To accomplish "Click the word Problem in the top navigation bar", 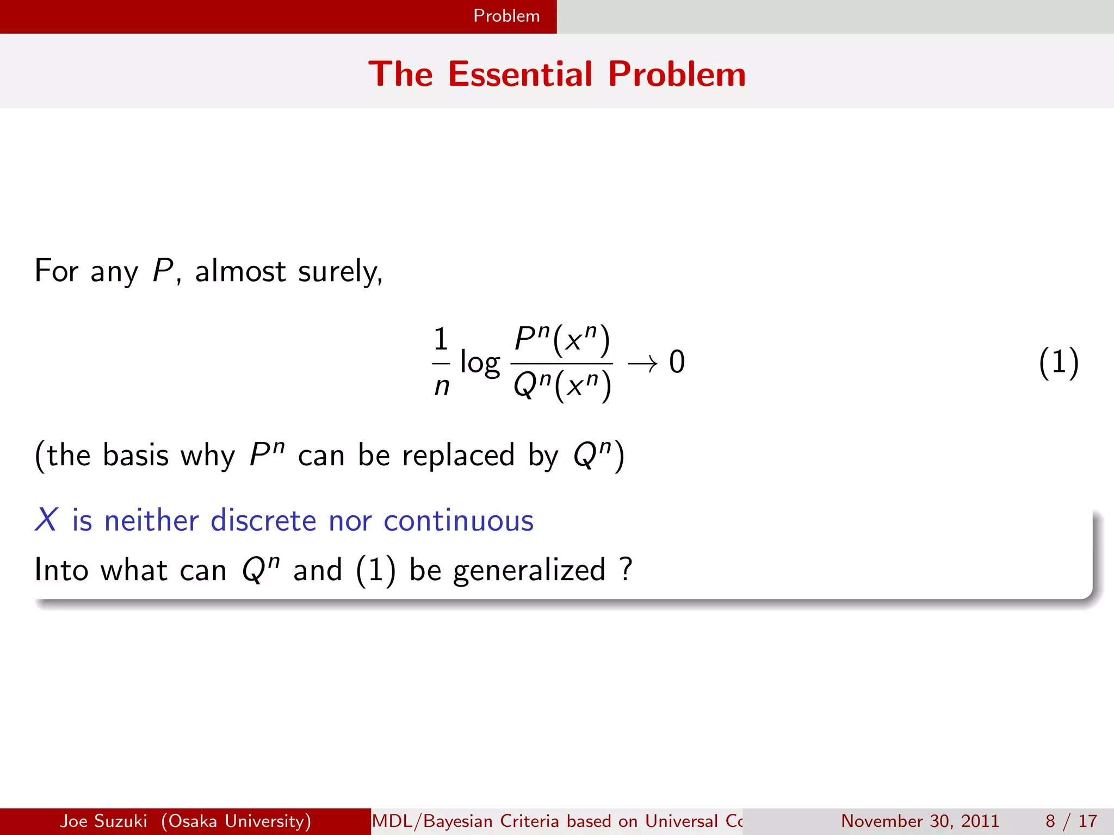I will pos(506,16).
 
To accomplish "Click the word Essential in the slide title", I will pos(520,74).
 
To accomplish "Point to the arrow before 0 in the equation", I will pos(642,363).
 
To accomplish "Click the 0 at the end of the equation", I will pos(677,362).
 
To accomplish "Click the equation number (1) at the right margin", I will pos(1058,363).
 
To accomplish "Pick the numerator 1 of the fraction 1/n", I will pos(441,339).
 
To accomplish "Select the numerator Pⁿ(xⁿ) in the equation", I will pos(562,339).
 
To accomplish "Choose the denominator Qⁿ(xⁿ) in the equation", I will pos(562,385).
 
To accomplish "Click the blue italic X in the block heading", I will pos(46,520).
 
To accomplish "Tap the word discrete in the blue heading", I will pos(263,520).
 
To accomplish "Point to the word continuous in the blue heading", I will pos(459,520).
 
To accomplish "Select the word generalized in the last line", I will pos(529,570).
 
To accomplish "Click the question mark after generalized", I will pos(626,569).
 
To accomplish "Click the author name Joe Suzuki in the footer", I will pos(103,821).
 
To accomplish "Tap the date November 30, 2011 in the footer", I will pos(920,821).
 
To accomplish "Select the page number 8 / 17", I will pos(1071,821).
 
